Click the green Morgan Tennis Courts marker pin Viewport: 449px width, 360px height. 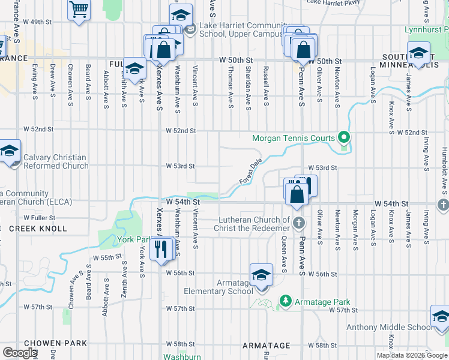(343, 137)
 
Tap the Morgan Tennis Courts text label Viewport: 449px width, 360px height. (293, 138)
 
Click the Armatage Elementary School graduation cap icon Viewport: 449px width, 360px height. (261, 275)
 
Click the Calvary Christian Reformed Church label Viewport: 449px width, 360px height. (55, 161)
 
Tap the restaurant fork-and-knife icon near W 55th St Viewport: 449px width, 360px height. (160, 248)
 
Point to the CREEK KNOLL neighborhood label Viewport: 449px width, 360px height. (38, 229)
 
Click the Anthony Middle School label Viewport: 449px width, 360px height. (388, 327)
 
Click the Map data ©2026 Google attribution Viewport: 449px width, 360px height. (411, 355)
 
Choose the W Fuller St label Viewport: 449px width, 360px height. (39, 218)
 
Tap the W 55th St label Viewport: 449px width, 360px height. (107, 257)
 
